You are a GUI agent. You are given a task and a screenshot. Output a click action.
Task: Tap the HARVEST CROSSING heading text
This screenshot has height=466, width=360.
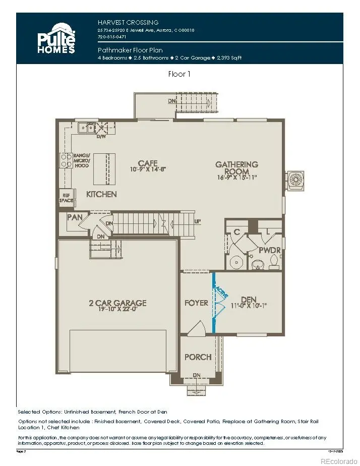pos(128,22)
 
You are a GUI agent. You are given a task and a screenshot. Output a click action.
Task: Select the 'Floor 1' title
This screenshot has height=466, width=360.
pos(180,74)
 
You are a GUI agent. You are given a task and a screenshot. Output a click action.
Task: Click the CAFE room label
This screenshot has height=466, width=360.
pos(148,163)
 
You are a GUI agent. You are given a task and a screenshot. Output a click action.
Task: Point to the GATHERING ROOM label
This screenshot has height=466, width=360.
pos(236,168)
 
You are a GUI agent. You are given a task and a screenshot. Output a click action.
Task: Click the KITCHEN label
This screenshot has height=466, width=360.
pos(101,194)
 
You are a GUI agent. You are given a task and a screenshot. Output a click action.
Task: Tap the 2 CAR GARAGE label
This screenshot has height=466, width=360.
pos(117,303)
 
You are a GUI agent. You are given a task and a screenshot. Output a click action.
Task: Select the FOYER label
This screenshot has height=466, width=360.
pos(196,303)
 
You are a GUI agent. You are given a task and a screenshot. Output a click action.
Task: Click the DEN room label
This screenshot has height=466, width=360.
pos(249,299)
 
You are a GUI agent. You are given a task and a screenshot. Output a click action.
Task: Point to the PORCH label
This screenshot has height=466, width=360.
pos(198,357)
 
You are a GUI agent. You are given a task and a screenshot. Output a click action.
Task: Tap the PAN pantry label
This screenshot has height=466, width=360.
pos(74,217)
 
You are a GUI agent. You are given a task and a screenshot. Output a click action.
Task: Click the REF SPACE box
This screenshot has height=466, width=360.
pos(66,197)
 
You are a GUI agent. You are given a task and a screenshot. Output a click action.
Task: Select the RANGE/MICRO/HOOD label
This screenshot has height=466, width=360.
pos(81,160)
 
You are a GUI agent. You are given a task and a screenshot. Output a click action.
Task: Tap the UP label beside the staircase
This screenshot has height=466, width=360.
pos(198,221)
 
